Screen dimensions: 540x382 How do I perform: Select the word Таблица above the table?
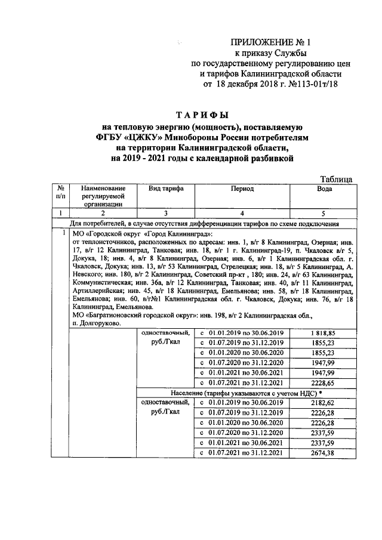point(335,178)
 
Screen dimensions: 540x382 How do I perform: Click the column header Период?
point(242,189)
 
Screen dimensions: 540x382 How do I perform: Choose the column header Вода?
point(323,189)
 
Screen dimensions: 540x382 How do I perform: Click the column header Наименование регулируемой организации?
point(103,196)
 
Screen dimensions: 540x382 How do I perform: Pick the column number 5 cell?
point(323,213)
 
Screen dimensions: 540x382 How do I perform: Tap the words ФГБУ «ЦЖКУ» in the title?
point(135,137)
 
